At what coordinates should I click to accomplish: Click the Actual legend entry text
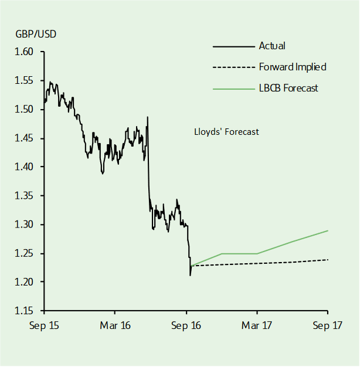271,46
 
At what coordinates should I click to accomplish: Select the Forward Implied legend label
292,67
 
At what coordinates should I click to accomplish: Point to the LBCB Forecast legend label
288,88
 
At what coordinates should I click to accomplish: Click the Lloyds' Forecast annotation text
226,132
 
